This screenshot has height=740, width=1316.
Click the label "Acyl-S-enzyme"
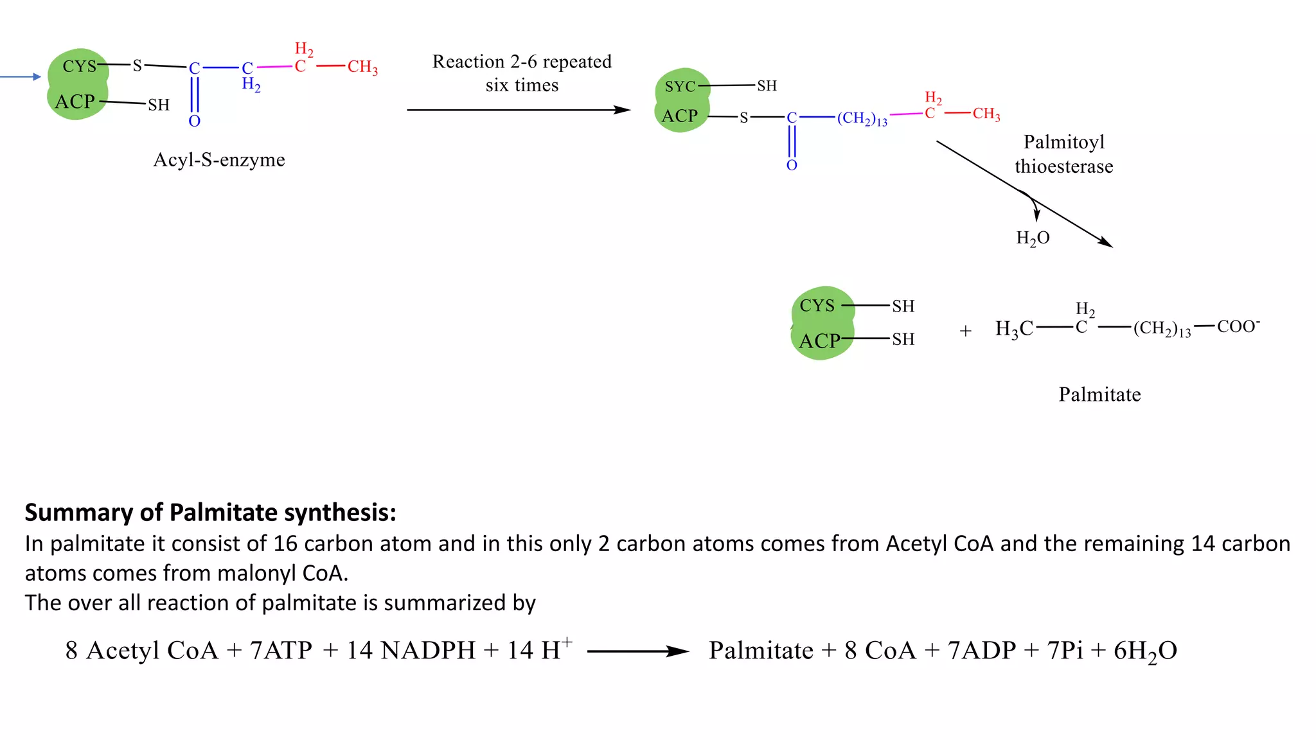pos(219,160)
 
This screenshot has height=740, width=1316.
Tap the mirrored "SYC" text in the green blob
pos(680,87)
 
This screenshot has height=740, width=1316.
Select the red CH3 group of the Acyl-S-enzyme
pos(362,67)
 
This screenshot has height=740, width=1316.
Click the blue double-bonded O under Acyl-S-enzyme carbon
pos(195,121)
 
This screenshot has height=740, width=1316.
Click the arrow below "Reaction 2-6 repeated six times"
pos(519,110)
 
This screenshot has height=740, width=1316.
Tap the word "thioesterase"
pos(1063,166)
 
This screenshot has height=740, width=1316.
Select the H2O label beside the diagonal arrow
pos(1033,238)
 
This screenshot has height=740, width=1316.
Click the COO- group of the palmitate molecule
pos(1238,326)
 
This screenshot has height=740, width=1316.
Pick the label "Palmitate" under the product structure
pos(1099,394)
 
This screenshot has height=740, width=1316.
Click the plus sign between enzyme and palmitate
pos(965,331)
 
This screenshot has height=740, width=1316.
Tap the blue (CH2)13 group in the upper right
pos(862,119)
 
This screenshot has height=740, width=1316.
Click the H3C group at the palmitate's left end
pos(1014,329)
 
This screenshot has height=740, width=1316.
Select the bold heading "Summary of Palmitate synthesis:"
pos(210,513)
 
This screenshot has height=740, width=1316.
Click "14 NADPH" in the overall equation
pos(411,651)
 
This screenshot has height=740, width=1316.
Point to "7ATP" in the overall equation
pos(281,651)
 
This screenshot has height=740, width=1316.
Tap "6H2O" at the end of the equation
pos(1145,651)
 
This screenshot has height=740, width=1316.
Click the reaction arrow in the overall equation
pos(638,651)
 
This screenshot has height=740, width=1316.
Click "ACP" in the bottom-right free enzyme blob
pos(819,340)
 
